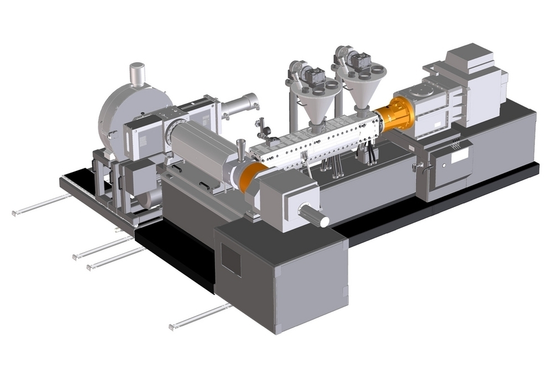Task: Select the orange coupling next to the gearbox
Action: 396,115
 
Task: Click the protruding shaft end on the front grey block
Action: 314,217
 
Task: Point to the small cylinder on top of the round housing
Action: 137,75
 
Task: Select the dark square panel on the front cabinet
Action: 231,260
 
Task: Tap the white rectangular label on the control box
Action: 460,155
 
